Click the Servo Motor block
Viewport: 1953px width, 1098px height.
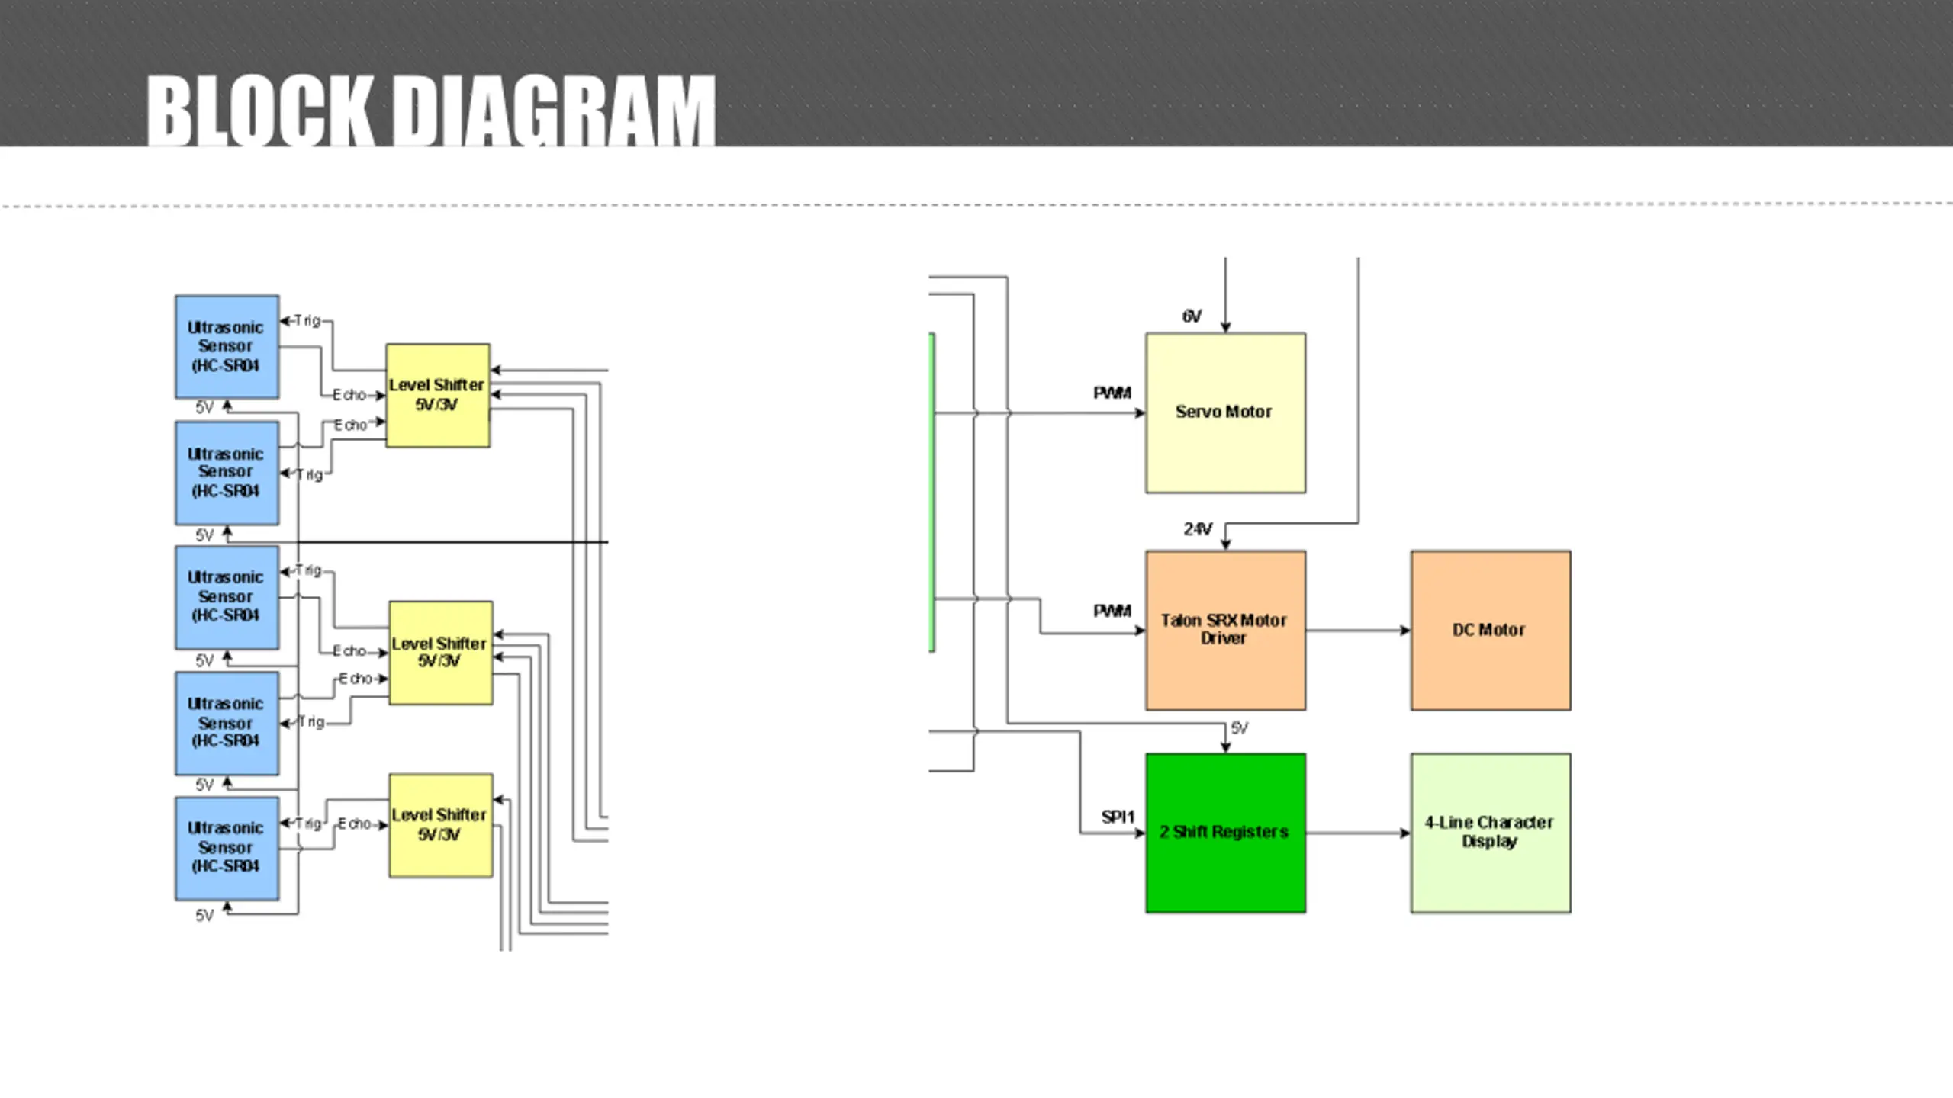point(1225,413)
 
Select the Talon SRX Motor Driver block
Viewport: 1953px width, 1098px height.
point(1225,630)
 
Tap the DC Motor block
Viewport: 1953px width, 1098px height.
point(1491,630)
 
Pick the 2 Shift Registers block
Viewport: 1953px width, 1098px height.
point(1225,833)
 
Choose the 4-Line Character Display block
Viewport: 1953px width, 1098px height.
point(1491,833)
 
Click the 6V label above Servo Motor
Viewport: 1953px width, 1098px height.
point(1192,316)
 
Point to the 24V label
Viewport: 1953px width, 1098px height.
point(1198,528)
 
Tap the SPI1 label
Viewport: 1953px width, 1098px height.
point(1118,817)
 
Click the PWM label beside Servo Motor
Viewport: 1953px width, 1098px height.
point(1112,393)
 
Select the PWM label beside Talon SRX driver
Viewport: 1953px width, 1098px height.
point(1112,611)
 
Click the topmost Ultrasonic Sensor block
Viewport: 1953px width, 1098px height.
point(227,347)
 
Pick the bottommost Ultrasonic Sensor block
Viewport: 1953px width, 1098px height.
point(227,849)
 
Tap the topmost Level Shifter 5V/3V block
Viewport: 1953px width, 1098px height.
point(438,395)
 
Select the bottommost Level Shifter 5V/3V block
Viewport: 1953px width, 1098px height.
point(441,825)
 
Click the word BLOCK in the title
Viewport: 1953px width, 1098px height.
point(260,111)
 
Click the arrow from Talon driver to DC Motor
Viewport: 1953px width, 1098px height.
point(1358,631)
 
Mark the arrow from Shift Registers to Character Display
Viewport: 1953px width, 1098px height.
point(1358,833)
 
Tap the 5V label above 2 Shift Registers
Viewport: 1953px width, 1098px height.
point(1240,728)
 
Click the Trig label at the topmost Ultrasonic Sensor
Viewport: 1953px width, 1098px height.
point(307,320)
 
